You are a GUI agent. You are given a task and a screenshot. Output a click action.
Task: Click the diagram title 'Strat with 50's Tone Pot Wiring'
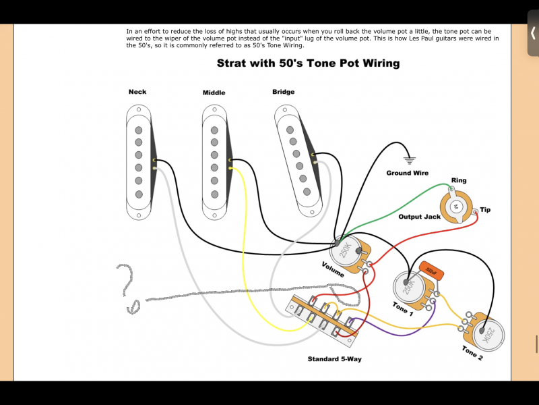pyautogui.click(x=308, y=63)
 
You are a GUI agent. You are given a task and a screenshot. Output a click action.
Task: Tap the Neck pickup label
pyautogui.click(x=137, y=92)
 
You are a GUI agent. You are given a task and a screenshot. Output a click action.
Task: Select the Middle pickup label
pyautogui.click(x=214, y=92)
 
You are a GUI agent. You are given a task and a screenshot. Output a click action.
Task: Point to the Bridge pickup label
pyautogui.click(x=284, y=92)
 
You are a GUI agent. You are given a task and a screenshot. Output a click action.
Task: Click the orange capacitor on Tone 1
pyautogui.click(x=431, y=271)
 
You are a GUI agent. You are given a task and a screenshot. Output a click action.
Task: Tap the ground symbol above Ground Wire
pyautogui.click(x=409, y=161)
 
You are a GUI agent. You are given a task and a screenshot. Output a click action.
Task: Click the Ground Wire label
pyautogui.click(x=407, y=173)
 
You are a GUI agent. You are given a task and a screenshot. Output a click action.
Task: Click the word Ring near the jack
pyautogui.click(x=458, y=181)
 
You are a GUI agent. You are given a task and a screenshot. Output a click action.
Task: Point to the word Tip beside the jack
pyautogui.click(x=485, y=210)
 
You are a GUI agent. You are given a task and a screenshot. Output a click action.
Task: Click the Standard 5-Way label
pyautogui.click(x=334, y=359)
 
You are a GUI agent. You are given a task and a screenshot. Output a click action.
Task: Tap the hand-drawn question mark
pyautogui.click(x=127, y=287)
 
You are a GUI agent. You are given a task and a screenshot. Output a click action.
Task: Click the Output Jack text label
pyautogui.click(x=419, y=217)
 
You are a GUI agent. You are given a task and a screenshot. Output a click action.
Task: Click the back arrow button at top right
pyautogui.click(x=532, y=33)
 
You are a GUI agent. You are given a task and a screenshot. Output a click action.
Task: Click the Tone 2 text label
pyautogui.click(x=472, y=354)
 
